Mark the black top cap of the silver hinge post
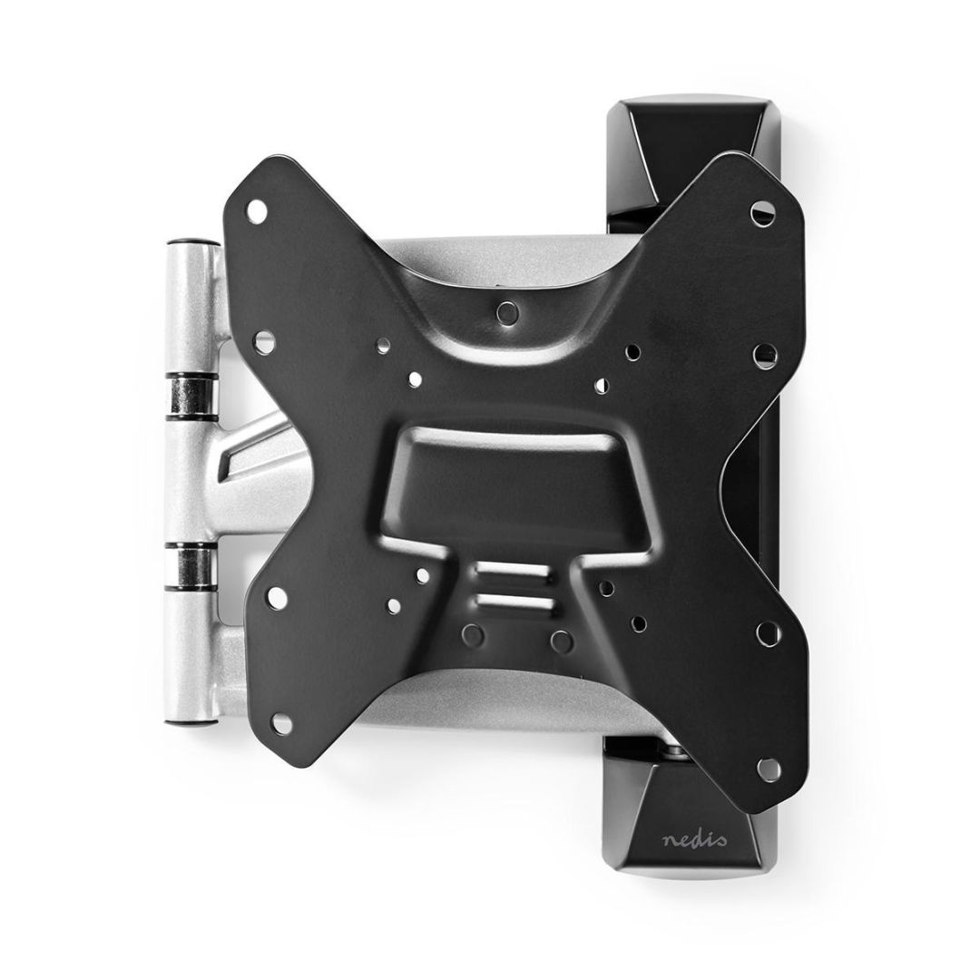pyautogui.click(x=191, y=244)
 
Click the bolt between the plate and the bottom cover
pyautogui.click(x=674, y=749)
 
